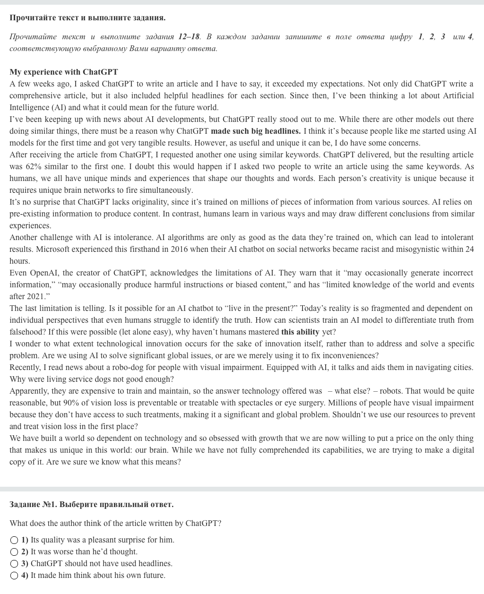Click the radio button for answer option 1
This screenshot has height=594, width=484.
click(x=14, y=540)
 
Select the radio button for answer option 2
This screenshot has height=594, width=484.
click(x=14, y=551)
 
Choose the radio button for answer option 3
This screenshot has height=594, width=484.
click(x=14, y=563)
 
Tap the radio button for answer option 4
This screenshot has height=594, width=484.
click(x=14, y=575)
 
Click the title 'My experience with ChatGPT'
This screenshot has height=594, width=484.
click(x=63, y=72)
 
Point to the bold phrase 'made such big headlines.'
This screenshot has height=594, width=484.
click(x=255, y=131)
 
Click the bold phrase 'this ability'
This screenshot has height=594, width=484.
click(x=301, y=332)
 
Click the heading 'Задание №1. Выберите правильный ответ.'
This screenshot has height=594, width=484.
click(x=91, y=504)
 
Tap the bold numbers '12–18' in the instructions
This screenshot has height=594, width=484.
click(x=189, y=36)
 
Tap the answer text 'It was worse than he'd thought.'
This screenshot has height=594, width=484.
click(x=84, y=551)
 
